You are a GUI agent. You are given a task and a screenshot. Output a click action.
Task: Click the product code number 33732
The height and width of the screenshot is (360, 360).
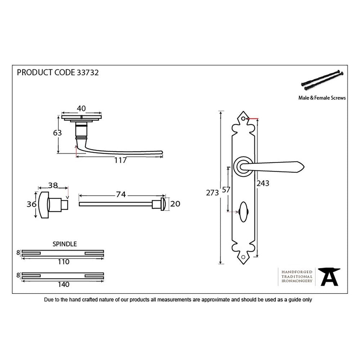point(88,73)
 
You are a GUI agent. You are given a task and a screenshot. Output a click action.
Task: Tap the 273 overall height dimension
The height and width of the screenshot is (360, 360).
point(212,193)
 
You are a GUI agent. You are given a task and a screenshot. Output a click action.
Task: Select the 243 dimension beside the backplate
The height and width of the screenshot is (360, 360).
point(263,183)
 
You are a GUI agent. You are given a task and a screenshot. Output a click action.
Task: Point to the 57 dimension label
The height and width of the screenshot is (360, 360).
point(226,189)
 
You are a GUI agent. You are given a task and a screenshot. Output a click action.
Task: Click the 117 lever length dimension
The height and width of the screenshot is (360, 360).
point(120,161)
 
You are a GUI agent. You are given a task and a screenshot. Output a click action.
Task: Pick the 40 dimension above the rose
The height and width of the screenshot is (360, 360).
point(81,108)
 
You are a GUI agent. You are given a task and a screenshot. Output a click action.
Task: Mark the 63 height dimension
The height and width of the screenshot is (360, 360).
point(57,133)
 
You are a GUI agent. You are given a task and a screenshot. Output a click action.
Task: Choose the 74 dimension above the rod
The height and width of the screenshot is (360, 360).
point(121,194)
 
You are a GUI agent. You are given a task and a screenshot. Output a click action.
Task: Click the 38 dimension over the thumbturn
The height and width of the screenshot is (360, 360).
point(53,186)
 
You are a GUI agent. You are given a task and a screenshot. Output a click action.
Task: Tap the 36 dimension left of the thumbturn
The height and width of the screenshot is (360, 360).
point(31,204)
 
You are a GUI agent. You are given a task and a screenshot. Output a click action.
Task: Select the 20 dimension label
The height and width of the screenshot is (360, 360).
point(175,204)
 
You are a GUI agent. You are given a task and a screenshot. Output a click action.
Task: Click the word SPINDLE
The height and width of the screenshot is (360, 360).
point(65,244)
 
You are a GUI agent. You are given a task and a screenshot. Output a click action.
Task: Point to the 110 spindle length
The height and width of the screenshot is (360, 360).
point(63,262)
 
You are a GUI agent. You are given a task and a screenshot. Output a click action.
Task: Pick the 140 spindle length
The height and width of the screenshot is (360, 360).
point(63,284)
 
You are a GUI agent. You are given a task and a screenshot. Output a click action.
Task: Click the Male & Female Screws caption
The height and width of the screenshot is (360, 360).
point(322,98)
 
